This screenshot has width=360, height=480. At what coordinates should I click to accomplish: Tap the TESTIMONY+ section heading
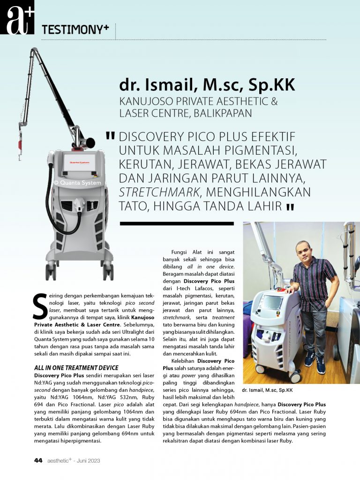tap(75, 30)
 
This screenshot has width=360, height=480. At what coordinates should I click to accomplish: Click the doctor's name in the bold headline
tap(207, 86)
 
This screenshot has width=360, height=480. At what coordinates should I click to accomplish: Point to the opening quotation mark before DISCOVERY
tap(111, 136)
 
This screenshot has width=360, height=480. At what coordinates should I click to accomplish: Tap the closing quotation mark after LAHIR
tap(290, 207)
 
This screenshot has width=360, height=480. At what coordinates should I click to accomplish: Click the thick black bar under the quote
tap(176, 224)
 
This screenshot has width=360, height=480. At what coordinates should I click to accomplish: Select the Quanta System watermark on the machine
tap(77, 183)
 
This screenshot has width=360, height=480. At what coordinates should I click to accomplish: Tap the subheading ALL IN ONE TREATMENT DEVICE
tap(76, 367)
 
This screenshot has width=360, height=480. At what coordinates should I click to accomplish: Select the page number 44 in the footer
tap(38, 460)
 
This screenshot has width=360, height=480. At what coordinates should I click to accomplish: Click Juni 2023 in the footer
tap(89, 460)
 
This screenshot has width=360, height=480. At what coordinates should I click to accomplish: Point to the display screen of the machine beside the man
tap(272, 302)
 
